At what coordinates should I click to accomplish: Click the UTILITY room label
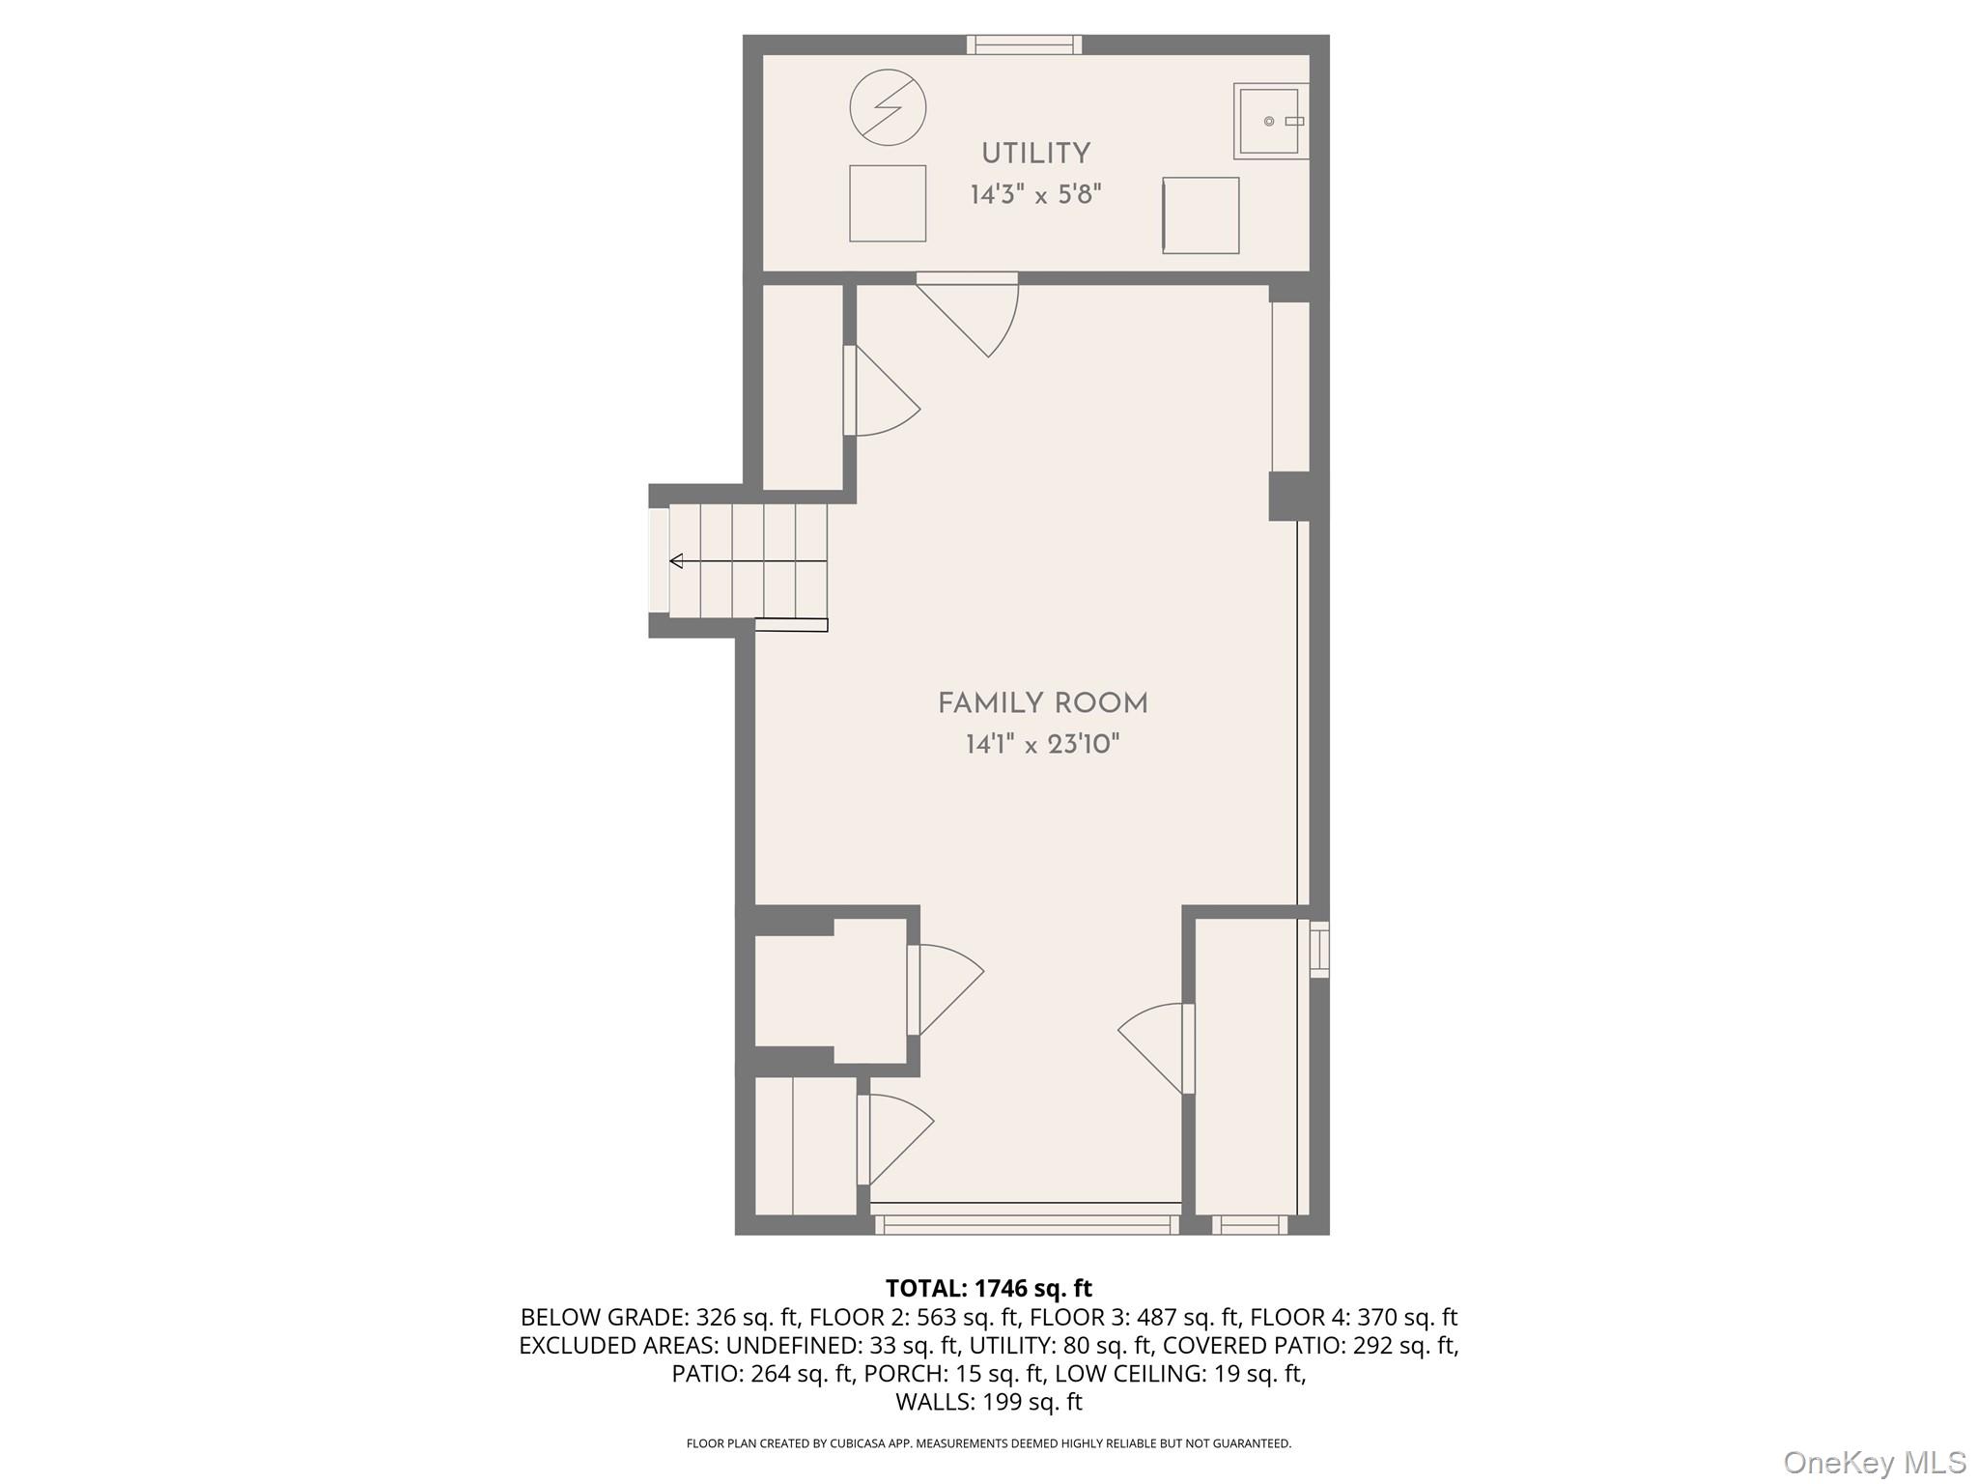pyautogui.click(x=1035, y=154)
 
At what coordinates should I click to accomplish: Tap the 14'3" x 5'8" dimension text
pyautogui.click(x=1035, y=195)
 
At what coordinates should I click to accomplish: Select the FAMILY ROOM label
pyautogui.click(x=1042, y=703)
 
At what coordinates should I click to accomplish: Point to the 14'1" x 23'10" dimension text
pyautogui.click(x=1042, y=745)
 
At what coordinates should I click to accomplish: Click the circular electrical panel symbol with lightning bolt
pyautogui.click(x=888, y=107)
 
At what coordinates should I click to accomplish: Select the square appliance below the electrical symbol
pyautogui.click(x=888, y=203)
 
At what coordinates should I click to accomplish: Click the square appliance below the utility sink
pyautogui.click(x=1201, y=215)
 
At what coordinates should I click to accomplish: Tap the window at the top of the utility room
pyautogui.click(x=1024, y=44)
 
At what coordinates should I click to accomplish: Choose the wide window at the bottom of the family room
pyautogui.click(x=1027, y=1224)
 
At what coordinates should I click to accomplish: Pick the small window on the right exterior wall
pyautogui.click(x=1318, y=949)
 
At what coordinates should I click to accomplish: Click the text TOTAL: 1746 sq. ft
pyautogui.click(x=988, y=1288)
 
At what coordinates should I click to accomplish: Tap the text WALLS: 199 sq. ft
pyautogui.click(x=988, y=1402)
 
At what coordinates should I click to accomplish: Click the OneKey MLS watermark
pyautogui.click(x=1874, y=1462)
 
